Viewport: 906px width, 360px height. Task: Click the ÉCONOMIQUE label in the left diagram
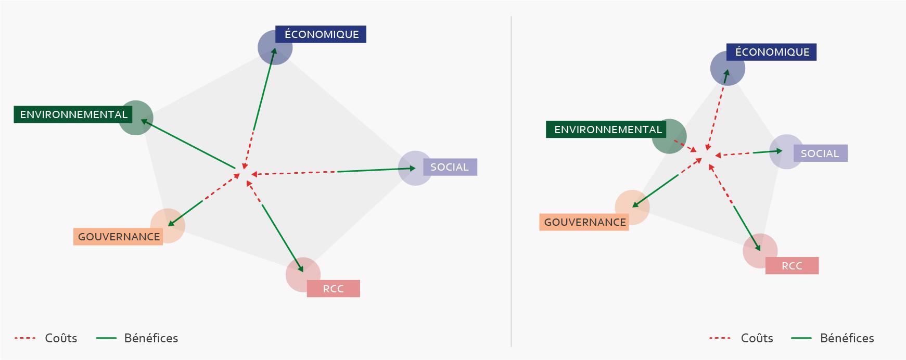[x=321, y=34]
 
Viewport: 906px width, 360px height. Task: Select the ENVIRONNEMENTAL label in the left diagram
[x=73, y=114]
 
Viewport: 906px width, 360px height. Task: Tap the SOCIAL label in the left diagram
[x=450, y=167]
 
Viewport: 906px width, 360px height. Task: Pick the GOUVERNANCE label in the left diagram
[x=119, y=237]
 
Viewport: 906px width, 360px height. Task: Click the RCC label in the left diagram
[x=333, y=289]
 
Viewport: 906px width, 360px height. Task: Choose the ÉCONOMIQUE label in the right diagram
[x=772, y=52]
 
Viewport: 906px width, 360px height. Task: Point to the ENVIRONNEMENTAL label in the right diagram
[x=607, y=130]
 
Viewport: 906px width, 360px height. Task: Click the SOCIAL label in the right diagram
[x=820, y=153]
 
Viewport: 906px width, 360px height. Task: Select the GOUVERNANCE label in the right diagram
[x=584, y=222]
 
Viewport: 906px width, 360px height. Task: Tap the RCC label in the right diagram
[x=792, y=266]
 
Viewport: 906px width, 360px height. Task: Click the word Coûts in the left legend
[x=61, y=338]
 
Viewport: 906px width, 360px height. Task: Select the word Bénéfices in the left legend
[x=151, y=338]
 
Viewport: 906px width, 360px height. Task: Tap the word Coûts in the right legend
[x=757, y=338]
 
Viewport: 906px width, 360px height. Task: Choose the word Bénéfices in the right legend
[x=847, y=338]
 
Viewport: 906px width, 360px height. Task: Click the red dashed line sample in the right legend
[x=720, y=338]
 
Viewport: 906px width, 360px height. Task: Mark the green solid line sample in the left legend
[x=106, y=338]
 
